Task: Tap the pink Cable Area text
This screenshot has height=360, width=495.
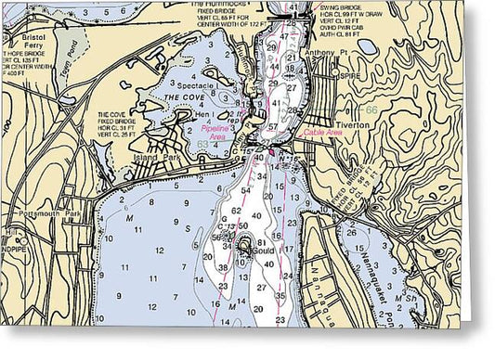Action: [x=322, y=133]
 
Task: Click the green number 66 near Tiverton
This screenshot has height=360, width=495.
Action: [x=371, y=109]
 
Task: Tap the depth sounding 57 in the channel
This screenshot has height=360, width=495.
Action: [x=273, y=126]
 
